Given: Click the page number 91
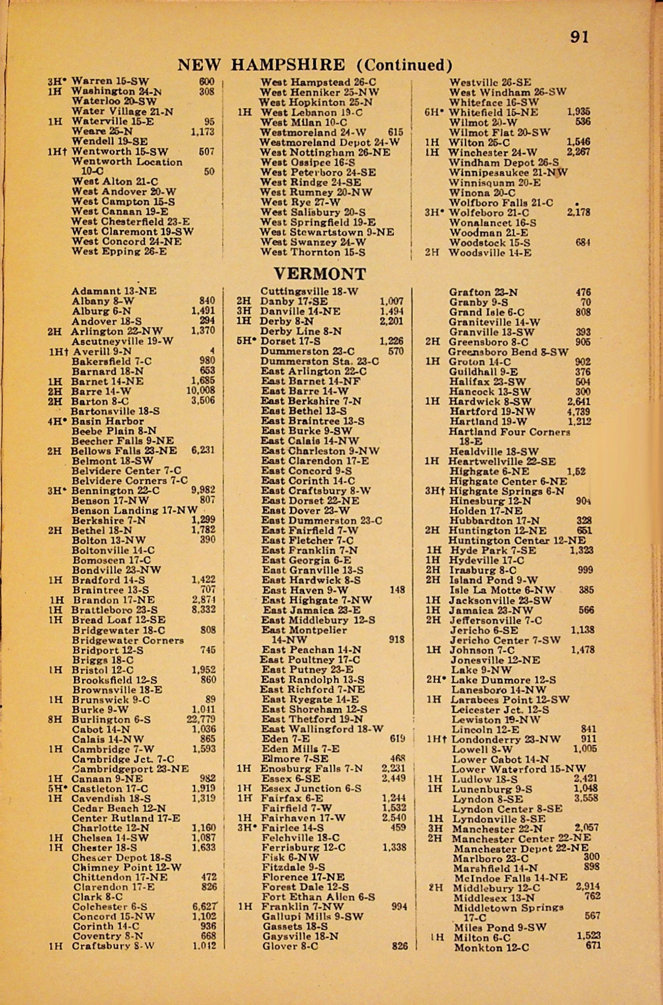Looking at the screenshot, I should click(x=579, y=38).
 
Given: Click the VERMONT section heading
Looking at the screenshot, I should click(x=320, y=274).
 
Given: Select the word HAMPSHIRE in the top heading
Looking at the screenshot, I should click(x=288, y=65).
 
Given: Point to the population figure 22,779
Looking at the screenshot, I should click(x=201, y=719).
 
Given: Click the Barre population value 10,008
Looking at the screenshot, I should click(x=201, y=390).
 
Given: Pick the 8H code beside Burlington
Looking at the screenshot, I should click(x=54, y=719).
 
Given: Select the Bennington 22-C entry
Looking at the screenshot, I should click(x=115, y=490).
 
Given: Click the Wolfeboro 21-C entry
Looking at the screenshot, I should click(x=489, y=213).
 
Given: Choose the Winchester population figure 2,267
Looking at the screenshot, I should click(x=578, y=152).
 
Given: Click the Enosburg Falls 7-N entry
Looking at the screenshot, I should click(x=312, y=768).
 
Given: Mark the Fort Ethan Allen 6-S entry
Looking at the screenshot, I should click(x=318, y=897).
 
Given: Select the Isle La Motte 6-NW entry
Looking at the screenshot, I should click(x=502, y=590).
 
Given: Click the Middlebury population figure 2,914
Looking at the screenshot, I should click(x=588, y=887).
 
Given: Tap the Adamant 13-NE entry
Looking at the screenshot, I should click(x=114, y=291).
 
